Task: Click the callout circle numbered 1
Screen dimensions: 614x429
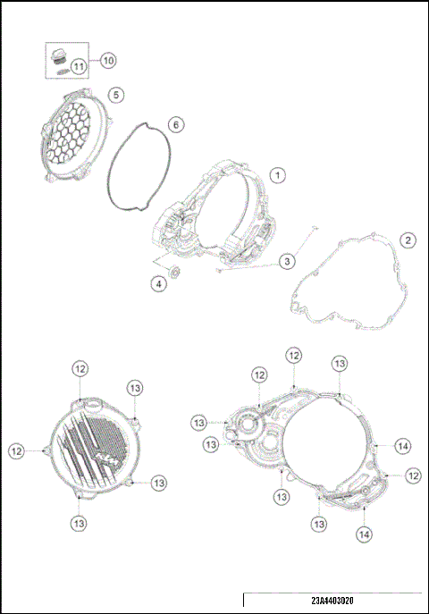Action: click(x=278, y=176)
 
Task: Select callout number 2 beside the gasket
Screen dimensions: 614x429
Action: click(x=407, y=240)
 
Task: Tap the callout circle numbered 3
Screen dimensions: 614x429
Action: click(x=286, y=261)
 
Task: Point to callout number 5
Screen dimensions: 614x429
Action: click(x=114, y=94)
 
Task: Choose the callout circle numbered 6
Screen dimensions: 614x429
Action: click(x=175, y=124)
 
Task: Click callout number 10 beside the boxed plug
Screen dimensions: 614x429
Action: click(x=107, y=60)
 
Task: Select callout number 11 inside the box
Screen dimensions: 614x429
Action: click(x=79, y=65)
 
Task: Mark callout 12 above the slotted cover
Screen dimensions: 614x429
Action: click(x=80, y=368)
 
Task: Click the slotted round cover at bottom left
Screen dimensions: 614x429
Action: click(x=89, y=444)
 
